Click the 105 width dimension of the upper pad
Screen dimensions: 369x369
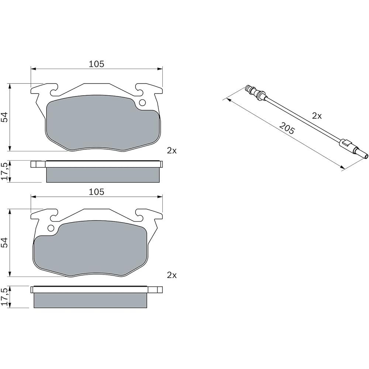pos(96,64)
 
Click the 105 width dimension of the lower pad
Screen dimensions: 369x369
pos(96,192)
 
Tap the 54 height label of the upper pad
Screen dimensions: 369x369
pos(4,117)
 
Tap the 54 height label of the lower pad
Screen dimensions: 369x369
pos(4,242)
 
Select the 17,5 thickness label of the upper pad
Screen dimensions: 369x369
pos(4,171)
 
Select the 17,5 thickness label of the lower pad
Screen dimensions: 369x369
pos(4,297)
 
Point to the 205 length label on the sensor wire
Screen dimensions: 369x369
pos(287,129)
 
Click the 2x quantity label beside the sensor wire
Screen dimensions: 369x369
pos(317,116)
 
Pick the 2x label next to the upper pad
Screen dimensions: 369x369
pos(172,151)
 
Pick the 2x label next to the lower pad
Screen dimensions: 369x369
pos(172,275)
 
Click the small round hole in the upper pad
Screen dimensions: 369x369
pos(143,103)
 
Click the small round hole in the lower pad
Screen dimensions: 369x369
pos(51,228)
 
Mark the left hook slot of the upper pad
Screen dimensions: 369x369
pos(54,88)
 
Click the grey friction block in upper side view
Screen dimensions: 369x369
pos(103,175)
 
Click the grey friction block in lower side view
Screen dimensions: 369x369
pos(90,300)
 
